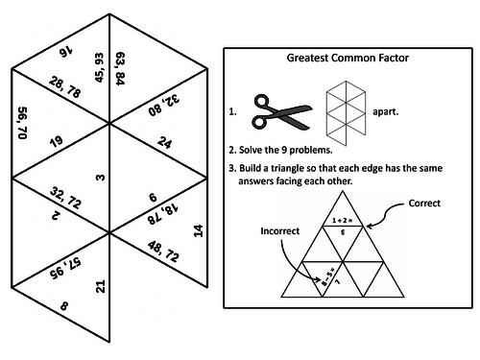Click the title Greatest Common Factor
(x=348, y=58)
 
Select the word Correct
(x=424, y=204)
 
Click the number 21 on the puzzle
(x=100, y=284)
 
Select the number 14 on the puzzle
(x=199, y=230)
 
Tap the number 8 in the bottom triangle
(x=63, y=307)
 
